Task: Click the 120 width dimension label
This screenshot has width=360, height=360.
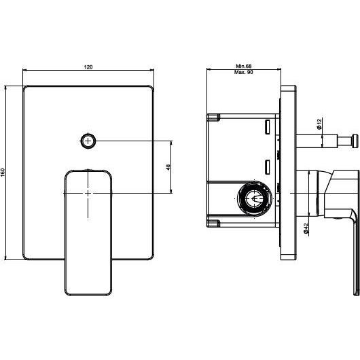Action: tap(88, 67)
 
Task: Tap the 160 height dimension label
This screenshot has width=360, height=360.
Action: tap(3, 173)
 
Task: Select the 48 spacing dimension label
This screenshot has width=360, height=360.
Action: tap(168, 167)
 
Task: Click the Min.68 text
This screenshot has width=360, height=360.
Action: tap(244, 66)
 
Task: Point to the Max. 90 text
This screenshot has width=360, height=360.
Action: tap(243, 72)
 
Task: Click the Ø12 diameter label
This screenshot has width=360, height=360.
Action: tap(319, 124)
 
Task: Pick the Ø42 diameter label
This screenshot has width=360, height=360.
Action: tap(306, 228)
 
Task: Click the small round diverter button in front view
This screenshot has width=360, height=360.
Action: tap(88, 141)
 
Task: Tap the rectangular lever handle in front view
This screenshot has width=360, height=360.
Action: tap(88, 232)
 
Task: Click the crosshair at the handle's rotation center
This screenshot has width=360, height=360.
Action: tap(88, 194)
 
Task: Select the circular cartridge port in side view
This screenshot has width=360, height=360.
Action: tap(255, 198)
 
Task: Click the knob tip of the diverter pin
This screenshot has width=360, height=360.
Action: tap(355, 141)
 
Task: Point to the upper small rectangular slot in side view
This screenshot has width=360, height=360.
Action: tap(267, 127)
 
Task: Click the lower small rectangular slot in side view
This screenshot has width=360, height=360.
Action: tap(267, 167)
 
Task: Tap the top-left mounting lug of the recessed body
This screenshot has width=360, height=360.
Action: tap(213, 118)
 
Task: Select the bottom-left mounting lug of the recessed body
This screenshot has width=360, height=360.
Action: tap(213, 223)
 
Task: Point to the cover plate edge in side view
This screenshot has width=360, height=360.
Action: tap(289, 173)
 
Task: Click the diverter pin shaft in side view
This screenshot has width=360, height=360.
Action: tap(317, 141)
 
